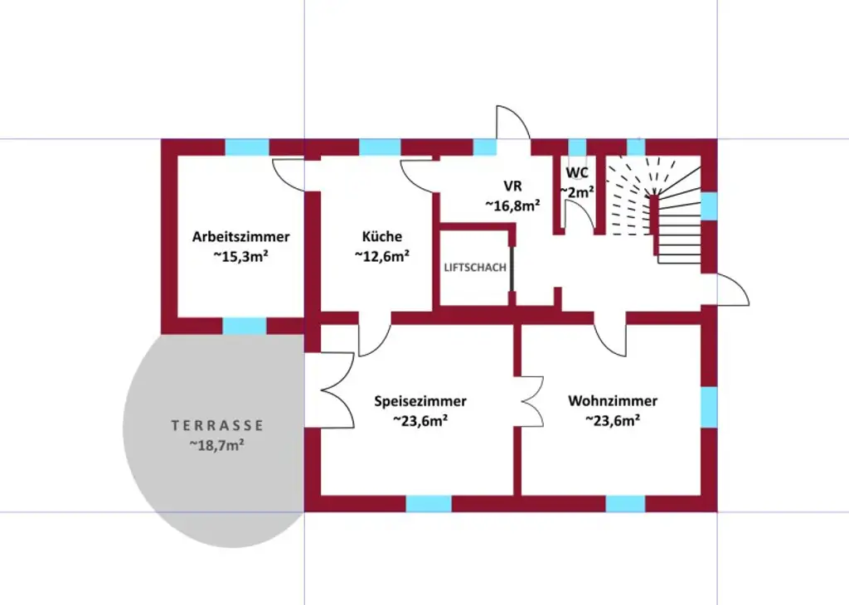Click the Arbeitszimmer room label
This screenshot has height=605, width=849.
point(240,236)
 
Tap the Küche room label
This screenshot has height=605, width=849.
point(381,236)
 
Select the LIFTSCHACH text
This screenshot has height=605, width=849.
point(474,268)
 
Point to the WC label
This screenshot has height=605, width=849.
point(577,172)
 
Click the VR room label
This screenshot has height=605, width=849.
point(512,186)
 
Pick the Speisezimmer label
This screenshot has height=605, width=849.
point(420,401)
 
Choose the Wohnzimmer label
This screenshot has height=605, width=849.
point(613,401)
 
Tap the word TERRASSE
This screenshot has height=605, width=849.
point(217,425)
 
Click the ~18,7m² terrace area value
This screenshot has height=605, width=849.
point(216,445)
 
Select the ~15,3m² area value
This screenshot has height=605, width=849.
point(240,256)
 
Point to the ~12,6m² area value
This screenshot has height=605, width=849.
point(381,256)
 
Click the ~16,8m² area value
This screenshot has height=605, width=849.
point(512,206)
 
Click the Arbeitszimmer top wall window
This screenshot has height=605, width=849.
point(247,148)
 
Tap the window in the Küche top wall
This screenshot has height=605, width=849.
point(380,148)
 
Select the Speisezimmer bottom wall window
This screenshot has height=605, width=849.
point(428,503)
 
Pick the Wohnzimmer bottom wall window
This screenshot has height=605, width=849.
point(625,503)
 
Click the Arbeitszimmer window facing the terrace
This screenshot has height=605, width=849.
point(245,326)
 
